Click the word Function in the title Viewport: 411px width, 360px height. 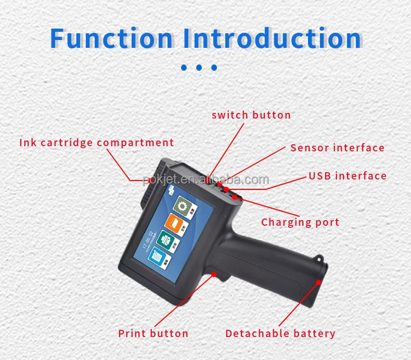click(111, 38)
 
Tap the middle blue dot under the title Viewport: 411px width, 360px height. click(199, 68)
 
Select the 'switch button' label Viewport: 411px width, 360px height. click(251, 115)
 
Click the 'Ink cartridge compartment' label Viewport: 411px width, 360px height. click(97, 143)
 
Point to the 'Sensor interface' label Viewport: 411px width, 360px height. click(337, 148)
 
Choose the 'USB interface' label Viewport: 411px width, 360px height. click(348, 176)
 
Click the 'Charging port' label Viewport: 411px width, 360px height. click(300, 223)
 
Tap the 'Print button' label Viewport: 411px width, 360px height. click(153, 333)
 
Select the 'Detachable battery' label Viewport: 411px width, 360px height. click(280, 333)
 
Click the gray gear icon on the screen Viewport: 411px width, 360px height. click(182, 207)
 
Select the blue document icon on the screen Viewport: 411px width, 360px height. click(160, 258)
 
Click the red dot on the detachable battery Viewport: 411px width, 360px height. click(318, 282)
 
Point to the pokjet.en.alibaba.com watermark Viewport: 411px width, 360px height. click(206, 181)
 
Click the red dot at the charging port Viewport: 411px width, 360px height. click(235, 197)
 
